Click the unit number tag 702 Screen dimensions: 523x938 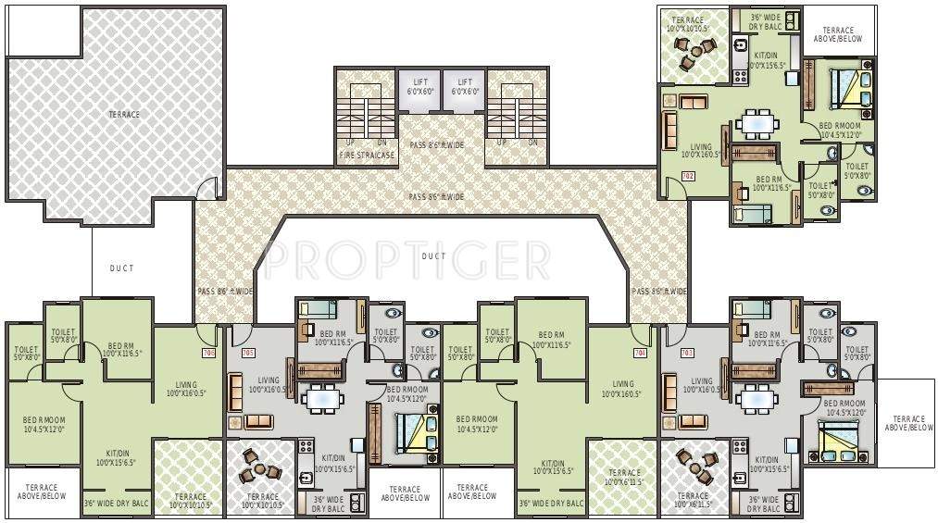click(x=687, y=176)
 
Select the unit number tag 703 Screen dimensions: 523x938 click(x=687, y=353)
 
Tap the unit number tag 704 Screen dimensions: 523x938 click(x=639, y=353)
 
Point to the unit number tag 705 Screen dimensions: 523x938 click(x=247, y=353)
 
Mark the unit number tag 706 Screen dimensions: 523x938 click(x=207, y=353)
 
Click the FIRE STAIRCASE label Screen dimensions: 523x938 click(x=366, y=156)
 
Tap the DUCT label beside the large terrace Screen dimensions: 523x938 click(x=121, y=268)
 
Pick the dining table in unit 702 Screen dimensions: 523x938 click(x=758, y=122)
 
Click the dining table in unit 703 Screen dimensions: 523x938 click(x=758, y=400)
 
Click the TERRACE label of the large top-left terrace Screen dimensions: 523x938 click(x=123, y=115)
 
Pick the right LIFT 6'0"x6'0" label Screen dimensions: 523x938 click(x=465, y=87)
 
